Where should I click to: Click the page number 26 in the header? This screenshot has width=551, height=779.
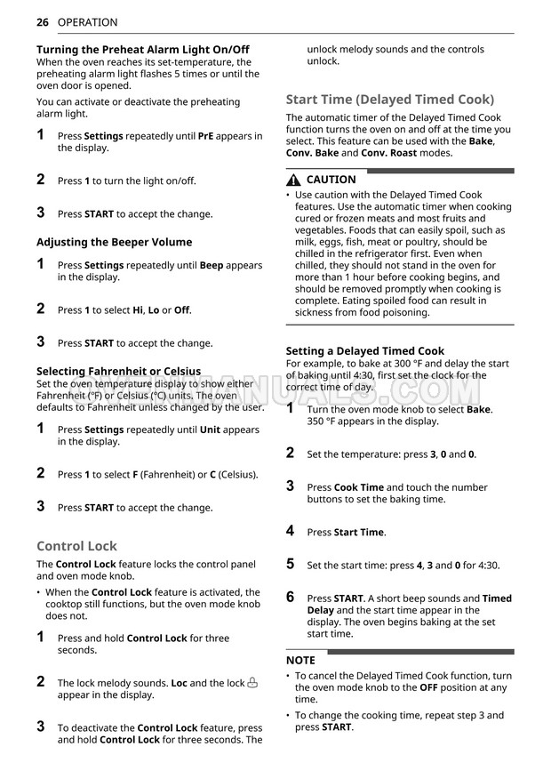(x=43, y=22)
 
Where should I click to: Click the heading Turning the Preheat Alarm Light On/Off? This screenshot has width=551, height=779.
(x=142, y=50)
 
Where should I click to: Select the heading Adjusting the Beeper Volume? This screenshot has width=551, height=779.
(x=114, y=242)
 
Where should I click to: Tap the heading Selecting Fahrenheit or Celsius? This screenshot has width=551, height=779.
(x=118, y=371)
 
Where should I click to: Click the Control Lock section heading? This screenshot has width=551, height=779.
(x=76, y=546)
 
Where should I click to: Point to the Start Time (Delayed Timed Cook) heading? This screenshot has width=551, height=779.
(x=389, y=100)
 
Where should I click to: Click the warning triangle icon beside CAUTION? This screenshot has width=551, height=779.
(x=294, y=180)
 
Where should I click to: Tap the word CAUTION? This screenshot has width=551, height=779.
(x=331, y=180)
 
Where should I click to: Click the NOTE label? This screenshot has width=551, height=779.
(x=300, y=661)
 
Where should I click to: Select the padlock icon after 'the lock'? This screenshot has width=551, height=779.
(x=252, y=682)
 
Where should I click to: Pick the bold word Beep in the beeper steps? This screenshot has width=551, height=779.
(x=212, y=265)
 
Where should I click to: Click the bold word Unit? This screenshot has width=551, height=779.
(x=210, y=430)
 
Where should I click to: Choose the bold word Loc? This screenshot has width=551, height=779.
(x=179, y=683)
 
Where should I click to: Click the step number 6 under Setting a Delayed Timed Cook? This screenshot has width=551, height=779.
(x=290, y=598)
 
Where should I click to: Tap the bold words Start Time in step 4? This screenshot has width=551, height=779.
(x=359, y=533)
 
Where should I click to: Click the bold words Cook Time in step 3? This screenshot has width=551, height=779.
(x=359, y=487)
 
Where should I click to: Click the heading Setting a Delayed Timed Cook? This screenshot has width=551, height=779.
(x=364, y=351)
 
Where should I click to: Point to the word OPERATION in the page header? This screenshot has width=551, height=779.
(x=87, y=22)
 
